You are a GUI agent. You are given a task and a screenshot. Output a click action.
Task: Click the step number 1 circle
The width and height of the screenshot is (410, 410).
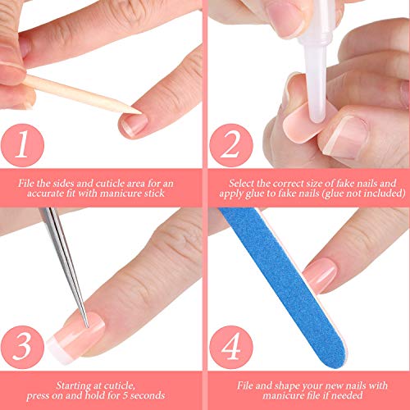point(22,145)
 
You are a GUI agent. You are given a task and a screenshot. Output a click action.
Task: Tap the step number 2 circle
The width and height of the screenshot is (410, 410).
point(231,145)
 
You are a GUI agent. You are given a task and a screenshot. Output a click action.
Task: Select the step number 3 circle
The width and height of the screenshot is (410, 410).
point(22,347)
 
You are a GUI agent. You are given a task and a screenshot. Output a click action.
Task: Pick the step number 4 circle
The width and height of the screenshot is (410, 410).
point(231,347)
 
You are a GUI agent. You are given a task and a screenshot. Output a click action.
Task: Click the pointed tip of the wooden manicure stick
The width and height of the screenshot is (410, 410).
point(141,112)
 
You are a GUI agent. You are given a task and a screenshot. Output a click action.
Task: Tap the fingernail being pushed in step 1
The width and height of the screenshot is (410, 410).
point(134,124)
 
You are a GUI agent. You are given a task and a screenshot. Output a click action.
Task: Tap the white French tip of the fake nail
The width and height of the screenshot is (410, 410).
point(57,350)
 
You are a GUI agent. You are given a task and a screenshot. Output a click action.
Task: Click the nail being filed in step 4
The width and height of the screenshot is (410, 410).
point(321,276)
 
